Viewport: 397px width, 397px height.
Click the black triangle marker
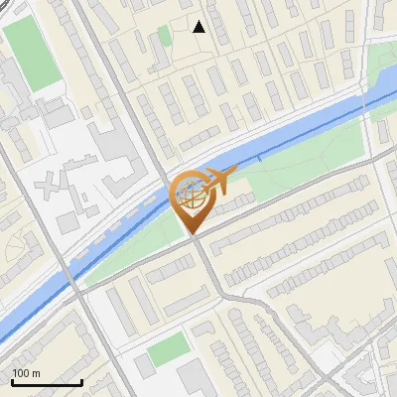click(199, 27)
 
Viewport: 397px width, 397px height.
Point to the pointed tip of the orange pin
click(193, 234)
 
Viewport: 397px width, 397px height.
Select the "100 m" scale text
click(27, 373)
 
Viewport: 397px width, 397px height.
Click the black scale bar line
click(47, 383)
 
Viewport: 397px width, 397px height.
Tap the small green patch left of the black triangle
click(164, 38)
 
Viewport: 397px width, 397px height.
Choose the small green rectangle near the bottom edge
click(168, 348)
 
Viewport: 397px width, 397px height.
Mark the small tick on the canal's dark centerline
click(260, 156)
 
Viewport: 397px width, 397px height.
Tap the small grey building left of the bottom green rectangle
click(145, 364)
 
